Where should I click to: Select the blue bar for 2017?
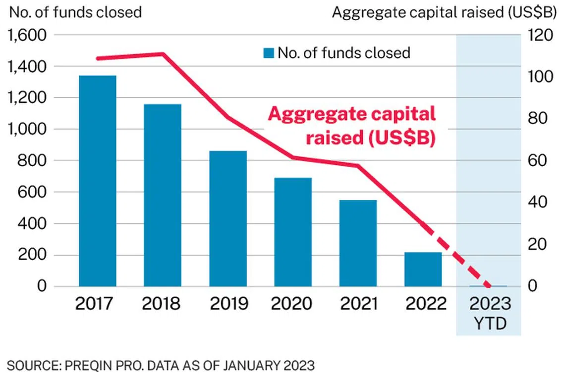click(x=98, y=181)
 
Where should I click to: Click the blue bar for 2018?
click(x=163, y=195)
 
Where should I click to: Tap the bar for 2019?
click(x=228, y=219)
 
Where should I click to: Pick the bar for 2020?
click(x=293, y=232)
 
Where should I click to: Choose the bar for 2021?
click(x=358, y=243)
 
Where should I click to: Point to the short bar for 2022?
click(x=423, y=270)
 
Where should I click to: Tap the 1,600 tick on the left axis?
click(x=27, y=35)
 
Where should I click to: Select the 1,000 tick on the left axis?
click(x=27, y=130)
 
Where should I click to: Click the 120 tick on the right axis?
click(x=537, y=35)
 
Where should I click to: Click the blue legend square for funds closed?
click(x=269, y=52)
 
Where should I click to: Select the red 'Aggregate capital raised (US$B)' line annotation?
click(x=352, y=126)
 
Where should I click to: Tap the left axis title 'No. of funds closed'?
click(x=75, y=12)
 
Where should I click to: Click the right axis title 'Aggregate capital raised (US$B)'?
click(x=443, y=12)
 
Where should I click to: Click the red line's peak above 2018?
click(x=163, y=54)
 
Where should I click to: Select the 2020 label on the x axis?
click(x=293, y=303)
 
